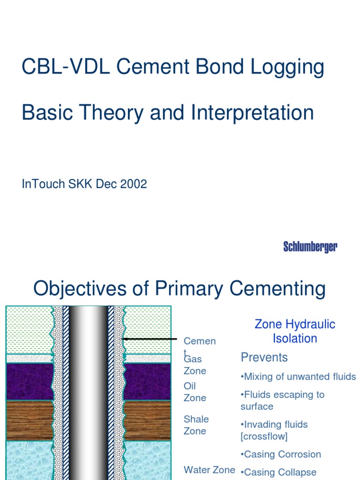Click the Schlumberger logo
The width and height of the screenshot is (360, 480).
pos(310,247)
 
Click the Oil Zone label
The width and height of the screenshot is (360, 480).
pos(195,392)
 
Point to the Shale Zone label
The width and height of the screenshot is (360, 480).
pos(196,425)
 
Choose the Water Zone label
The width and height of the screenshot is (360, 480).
pos(209,470)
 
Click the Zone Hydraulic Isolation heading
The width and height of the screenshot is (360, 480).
pos(295,331)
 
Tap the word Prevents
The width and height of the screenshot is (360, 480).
pos(264,357)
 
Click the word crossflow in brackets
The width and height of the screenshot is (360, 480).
pos(264,436)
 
